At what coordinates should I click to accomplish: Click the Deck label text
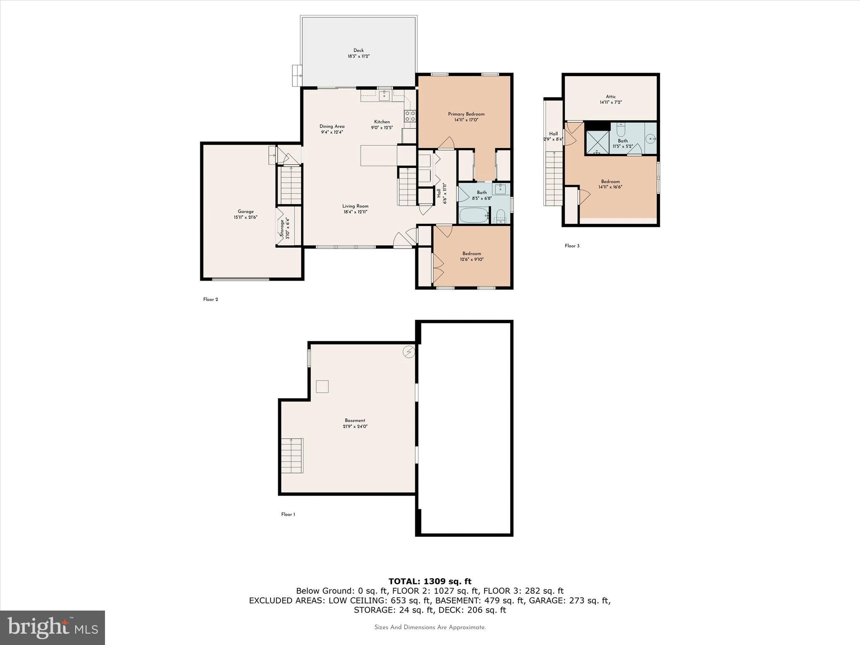pos(358,50)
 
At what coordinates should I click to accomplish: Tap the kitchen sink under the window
pos(384,96)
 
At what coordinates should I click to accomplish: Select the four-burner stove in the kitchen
pos(410,116)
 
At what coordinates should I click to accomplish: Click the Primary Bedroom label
pos(466,114)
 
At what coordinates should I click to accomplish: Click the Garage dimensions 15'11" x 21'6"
pos(246,218)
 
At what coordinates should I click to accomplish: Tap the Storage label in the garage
pos(282,229)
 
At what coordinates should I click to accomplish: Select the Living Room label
pos(355,206)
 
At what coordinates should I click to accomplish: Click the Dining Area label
pos(332,126)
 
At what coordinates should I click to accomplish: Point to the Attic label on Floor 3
pos(611,97)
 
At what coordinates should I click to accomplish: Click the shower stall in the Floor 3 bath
pos(597,142)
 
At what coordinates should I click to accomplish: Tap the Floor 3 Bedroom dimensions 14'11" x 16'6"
pos(610,187)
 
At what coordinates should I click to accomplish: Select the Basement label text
pos(355,420)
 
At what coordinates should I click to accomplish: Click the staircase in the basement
pos(292,456)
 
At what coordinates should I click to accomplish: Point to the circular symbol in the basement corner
pos(409,352)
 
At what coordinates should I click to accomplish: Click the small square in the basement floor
pos(322,386)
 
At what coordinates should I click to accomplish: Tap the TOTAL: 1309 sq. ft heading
pos(430,581)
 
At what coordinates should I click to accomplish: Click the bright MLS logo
pos(52,627)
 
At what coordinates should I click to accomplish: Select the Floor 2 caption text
pos(210,299)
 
